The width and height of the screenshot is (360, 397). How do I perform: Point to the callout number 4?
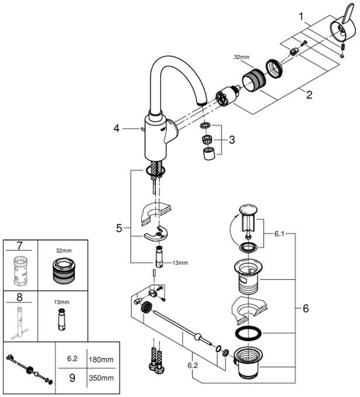pos(116,128)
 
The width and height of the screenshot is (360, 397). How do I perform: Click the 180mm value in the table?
pos(102,360)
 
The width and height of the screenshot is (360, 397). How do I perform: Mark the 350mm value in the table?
pos(102,378)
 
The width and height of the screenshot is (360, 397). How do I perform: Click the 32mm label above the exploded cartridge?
pos(241,58)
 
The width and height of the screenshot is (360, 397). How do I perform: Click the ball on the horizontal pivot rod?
pos(198,337)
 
